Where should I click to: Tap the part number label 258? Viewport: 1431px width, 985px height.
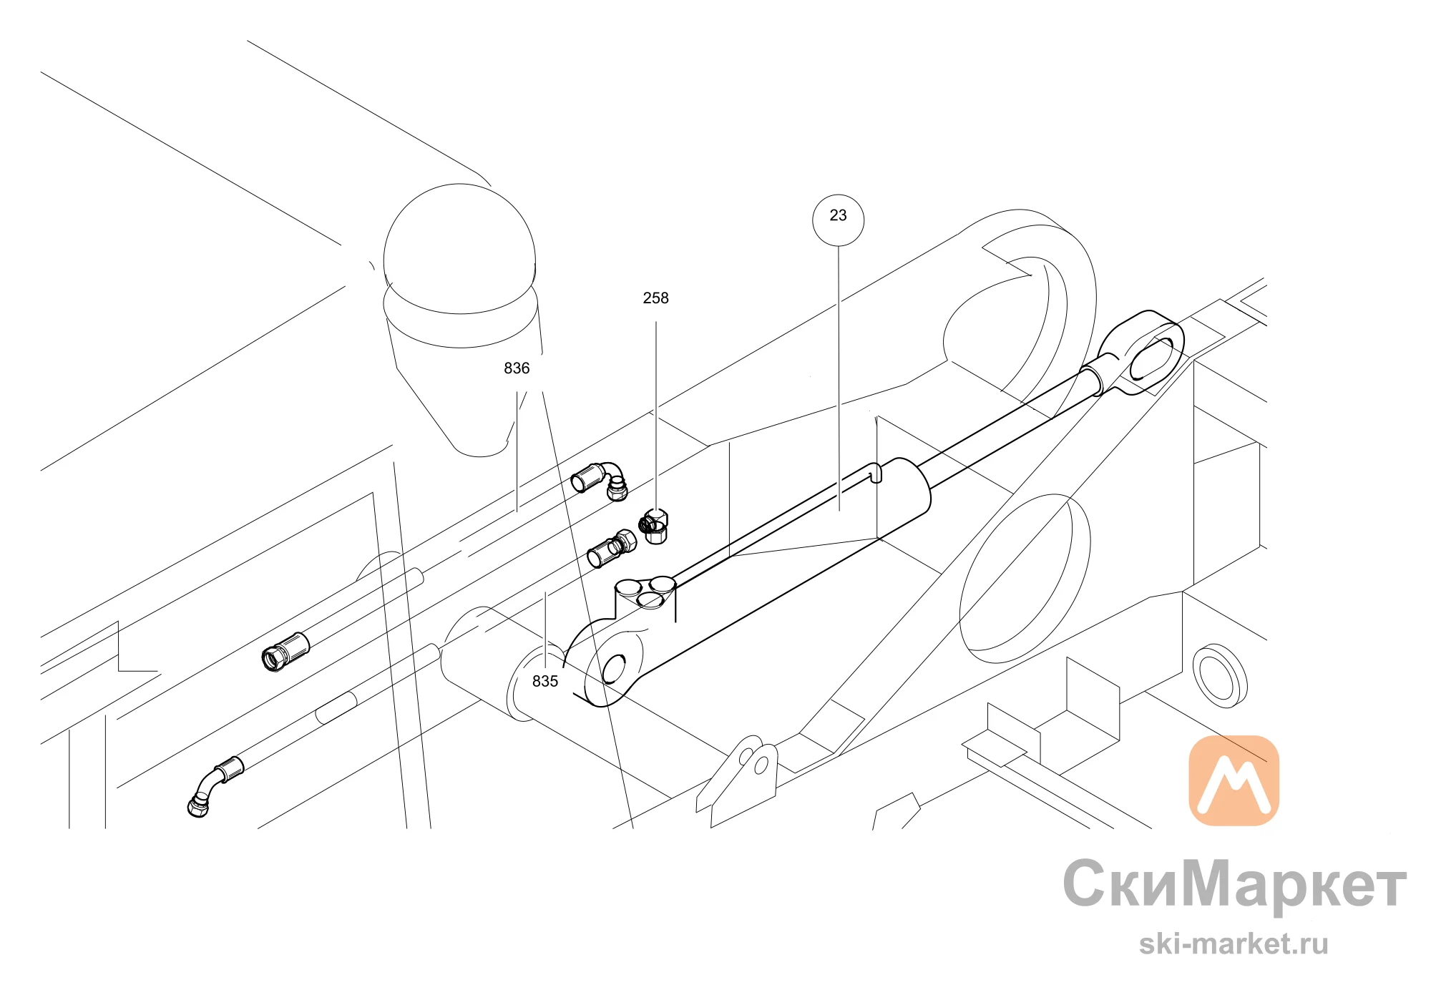pos(655,298)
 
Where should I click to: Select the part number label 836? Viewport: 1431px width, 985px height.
pos(517,368)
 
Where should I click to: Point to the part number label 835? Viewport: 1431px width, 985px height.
pos(545,682)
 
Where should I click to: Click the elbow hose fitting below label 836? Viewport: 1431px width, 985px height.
pos(600,480)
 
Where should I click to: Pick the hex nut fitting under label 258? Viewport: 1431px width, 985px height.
pos(653,526)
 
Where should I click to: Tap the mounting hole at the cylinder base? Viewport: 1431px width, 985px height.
pos(614,670)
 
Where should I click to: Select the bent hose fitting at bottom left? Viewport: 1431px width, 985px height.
pos(215,786)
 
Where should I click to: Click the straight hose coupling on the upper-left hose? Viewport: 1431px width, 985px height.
pos(285,652)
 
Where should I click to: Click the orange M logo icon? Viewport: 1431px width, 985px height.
pos(1234,780)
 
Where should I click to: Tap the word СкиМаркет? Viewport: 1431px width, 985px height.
pos(1234,884)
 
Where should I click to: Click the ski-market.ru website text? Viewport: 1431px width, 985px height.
pos(1234,944)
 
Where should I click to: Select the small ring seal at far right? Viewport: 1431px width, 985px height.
pos(1220,676)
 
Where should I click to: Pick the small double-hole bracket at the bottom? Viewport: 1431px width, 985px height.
pos(737,780)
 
